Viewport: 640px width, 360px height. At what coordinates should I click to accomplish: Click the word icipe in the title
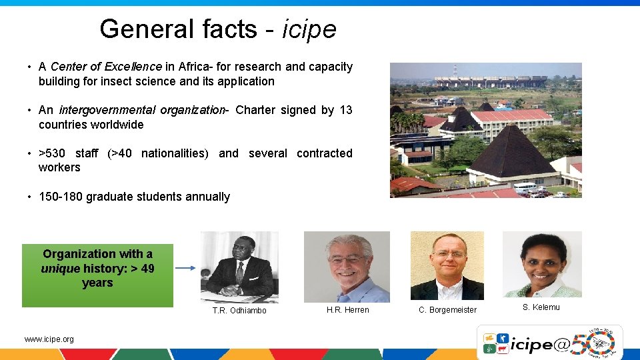tap(309, 29)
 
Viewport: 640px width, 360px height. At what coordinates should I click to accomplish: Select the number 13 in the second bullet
tap(345, 110)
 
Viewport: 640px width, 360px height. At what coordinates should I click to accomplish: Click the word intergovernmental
tap(107, 110)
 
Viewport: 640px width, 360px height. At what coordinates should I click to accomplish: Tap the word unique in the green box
tap(60, 269)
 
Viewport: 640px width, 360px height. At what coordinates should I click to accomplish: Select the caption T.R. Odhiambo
tap(239, 311)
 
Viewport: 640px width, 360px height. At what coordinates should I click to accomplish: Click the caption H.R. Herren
tap(347, 310)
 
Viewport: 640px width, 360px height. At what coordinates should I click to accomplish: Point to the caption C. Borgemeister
tap(447, 310)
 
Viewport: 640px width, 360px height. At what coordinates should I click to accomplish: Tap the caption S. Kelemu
tap(541, 307)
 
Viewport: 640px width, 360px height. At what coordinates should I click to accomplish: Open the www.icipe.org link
tap(49, 339)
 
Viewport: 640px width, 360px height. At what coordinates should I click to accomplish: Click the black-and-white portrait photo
tap(239, 266)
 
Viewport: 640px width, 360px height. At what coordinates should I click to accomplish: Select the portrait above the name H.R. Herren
tap(347, 267)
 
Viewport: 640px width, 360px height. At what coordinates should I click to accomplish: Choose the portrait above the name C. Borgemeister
tap(447, 265)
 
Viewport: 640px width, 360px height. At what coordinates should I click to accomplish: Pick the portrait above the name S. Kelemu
tap(541, 264)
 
